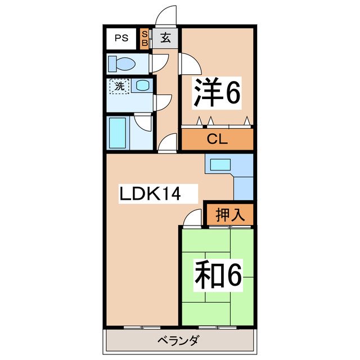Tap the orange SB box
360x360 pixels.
pos(145,39)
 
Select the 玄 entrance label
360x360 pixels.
pos(166,38)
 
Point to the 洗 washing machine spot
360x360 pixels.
pos(119,87)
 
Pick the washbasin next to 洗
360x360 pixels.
pos(143,86)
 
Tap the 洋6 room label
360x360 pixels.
pos(217,93)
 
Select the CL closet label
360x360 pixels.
pos(217,139)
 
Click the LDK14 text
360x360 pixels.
pos(149,194)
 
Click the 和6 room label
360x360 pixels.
pos(218,275)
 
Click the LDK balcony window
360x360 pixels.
pos(142,327)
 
